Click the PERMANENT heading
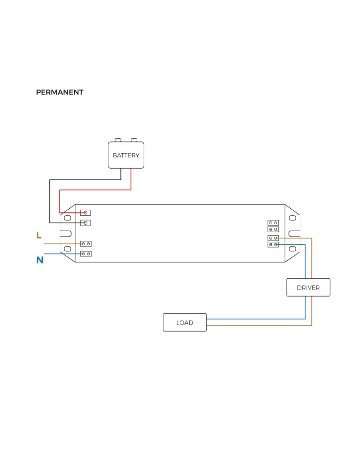pyautogui.click(x=59, y=92)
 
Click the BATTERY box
pyautogui.click(x=126, y=155)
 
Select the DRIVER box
pyautogui.click(x=308, y=287)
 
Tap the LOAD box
pyautogui.click(x=184, y=322)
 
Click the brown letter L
pyautogui.click(x=39, y=235)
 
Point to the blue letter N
pyautogui.click(x=40, y=260)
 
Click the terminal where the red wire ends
pyautogui.click(x=85, y=212)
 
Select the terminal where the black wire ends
pyautogui.click(x=85, y=223)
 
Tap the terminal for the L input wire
pyautogui.click(x=86, y=244)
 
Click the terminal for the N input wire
pyautogui.click(x=86, y=254)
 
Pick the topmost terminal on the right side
pyautogui.click(x=273, y=223)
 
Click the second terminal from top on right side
pyautogui.click(x=273, y=229)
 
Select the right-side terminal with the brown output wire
pyautogui.click(x=273, y=238)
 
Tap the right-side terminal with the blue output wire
pyautogui.click(x=273, y=244)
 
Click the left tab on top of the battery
pyautogui.click(x=118, y=140)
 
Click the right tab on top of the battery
pyautogui.click(x=134, y=140)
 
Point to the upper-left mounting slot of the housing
pyautogui.click(x=67, y=218)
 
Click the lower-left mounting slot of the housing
pyautogui.click(x=67, y=249)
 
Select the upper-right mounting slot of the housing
pyautogui.click(x=293, y=218)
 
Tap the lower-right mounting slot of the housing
pyautogui.click(x=293, y=249)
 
